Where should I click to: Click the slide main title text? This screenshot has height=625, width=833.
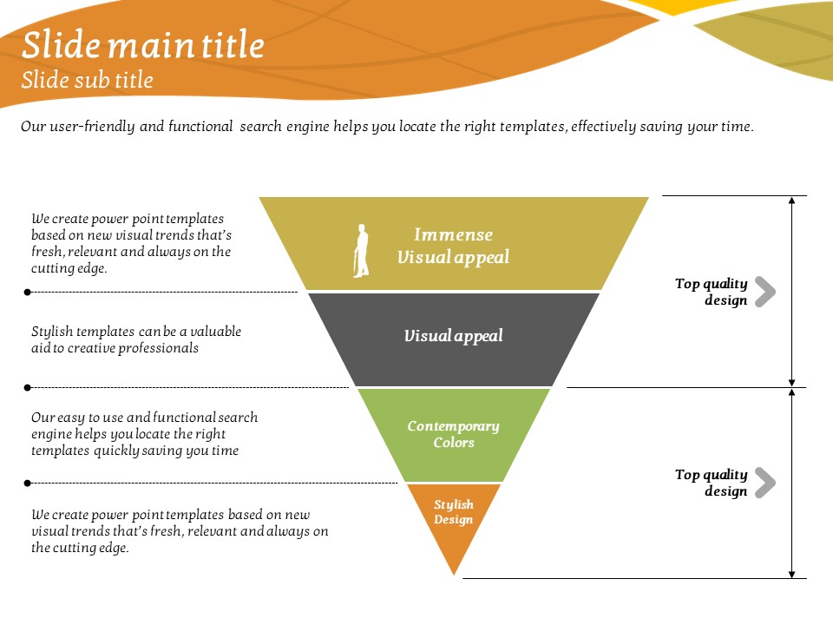pos(143,45)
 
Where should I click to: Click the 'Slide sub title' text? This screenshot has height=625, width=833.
pos(87,81)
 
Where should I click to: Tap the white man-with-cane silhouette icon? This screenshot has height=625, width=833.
pos(361,251)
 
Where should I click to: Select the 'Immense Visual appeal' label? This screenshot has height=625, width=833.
pos(453,246)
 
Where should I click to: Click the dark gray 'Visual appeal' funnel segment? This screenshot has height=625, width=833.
pos(453,336)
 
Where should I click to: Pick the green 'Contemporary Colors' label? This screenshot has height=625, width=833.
pos(454,434)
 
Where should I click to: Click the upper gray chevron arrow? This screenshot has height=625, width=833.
pos(764,292)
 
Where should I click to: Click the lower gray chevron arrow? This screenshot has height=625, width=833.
pos(764,483)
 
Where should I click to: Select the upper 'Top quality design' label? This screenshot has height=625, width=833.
pos(712,292)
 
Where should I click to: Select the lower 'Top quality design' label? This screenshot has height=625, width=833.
pos(712,483)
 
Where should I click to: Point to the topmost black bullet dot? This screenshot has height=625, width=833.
pos(28,293)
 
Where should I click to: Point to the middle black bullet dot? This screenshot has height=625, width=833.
pos(28,387)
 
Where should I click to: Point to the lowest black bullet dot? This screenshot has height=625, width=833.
pos(28,483)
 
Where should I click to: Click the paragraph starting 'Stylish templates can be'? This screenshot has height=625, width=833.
pos(136,339)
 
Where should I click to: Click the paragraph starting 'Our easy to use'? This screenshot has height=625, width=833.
pos(144,434)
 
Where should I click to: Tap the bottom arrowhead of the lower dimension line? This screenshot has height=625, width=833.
pos(791,573)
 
